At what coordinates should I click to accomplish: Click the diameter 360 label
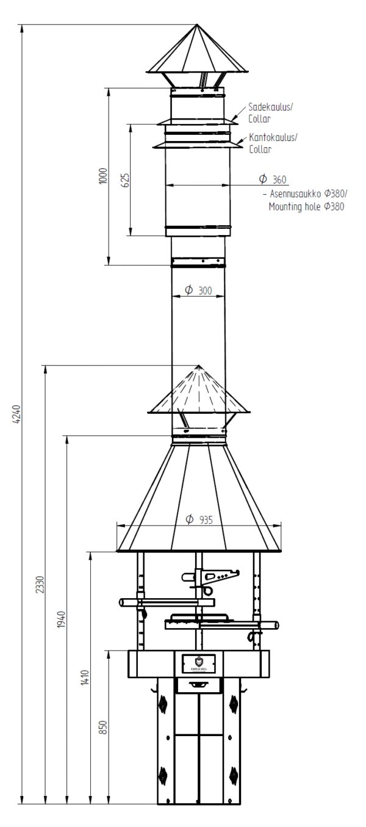(x=272, y=179)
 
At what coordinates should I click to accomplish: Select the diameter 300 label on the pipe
(x=198, y=291)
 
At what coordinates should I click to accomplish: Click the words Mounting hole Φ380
(x=307, y=206)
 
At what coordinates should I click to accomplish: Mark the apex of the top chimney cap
(x=197, y=25)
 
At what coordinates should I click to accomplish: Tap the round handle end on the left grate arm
(x=124, y=602)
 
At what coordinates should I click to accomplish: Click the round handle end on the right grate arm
(x=276, y=625)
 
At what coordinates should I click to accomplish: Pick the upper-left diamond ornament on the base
(x=163, y=704)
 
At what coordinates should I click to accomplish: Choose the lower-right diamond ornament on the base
(x=234, y=774)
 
